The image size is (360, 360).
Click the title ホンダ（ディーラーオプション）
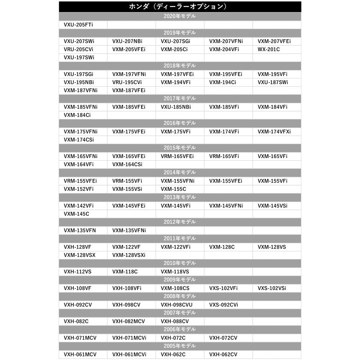(x=180, y=7)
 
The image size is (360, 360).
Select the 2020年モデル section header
(x=180, y=16)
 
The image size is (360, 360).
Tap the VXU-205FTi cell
(x=76, y=24)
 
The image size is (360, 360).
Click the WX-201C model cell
(x=269, y=49)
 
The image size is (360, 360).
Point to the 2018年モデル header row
(x=180, y=66)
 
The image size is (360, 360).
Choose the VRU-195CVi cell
(x=127, y=82)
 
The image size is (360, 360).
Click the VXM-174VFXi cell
(x=274, y=131)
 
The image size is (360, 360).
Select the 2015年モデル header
(x=180, y=148)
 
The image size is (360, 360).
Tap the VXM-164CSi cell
(x=127, y=165)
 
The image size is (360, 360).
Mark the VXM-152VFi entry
(x=78, y=189)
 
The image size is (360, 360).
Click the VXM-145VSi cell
(x=273, y=206)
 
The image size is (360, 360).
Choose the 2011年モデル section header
(x=180, y=238)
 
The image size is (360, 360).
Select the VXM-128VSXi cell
(x=129, y=255)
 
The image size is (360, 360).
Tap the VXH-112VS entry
(x=77, y=271)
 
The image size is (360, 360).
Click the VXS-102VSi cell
(x=272, y=288)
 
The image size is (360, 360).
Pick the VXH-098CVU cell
(x=176, y=305)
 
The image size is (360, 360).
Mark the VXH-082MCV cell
(x=127, y=321)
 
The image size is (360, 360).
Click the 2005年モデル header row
(x=180, y=346)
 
